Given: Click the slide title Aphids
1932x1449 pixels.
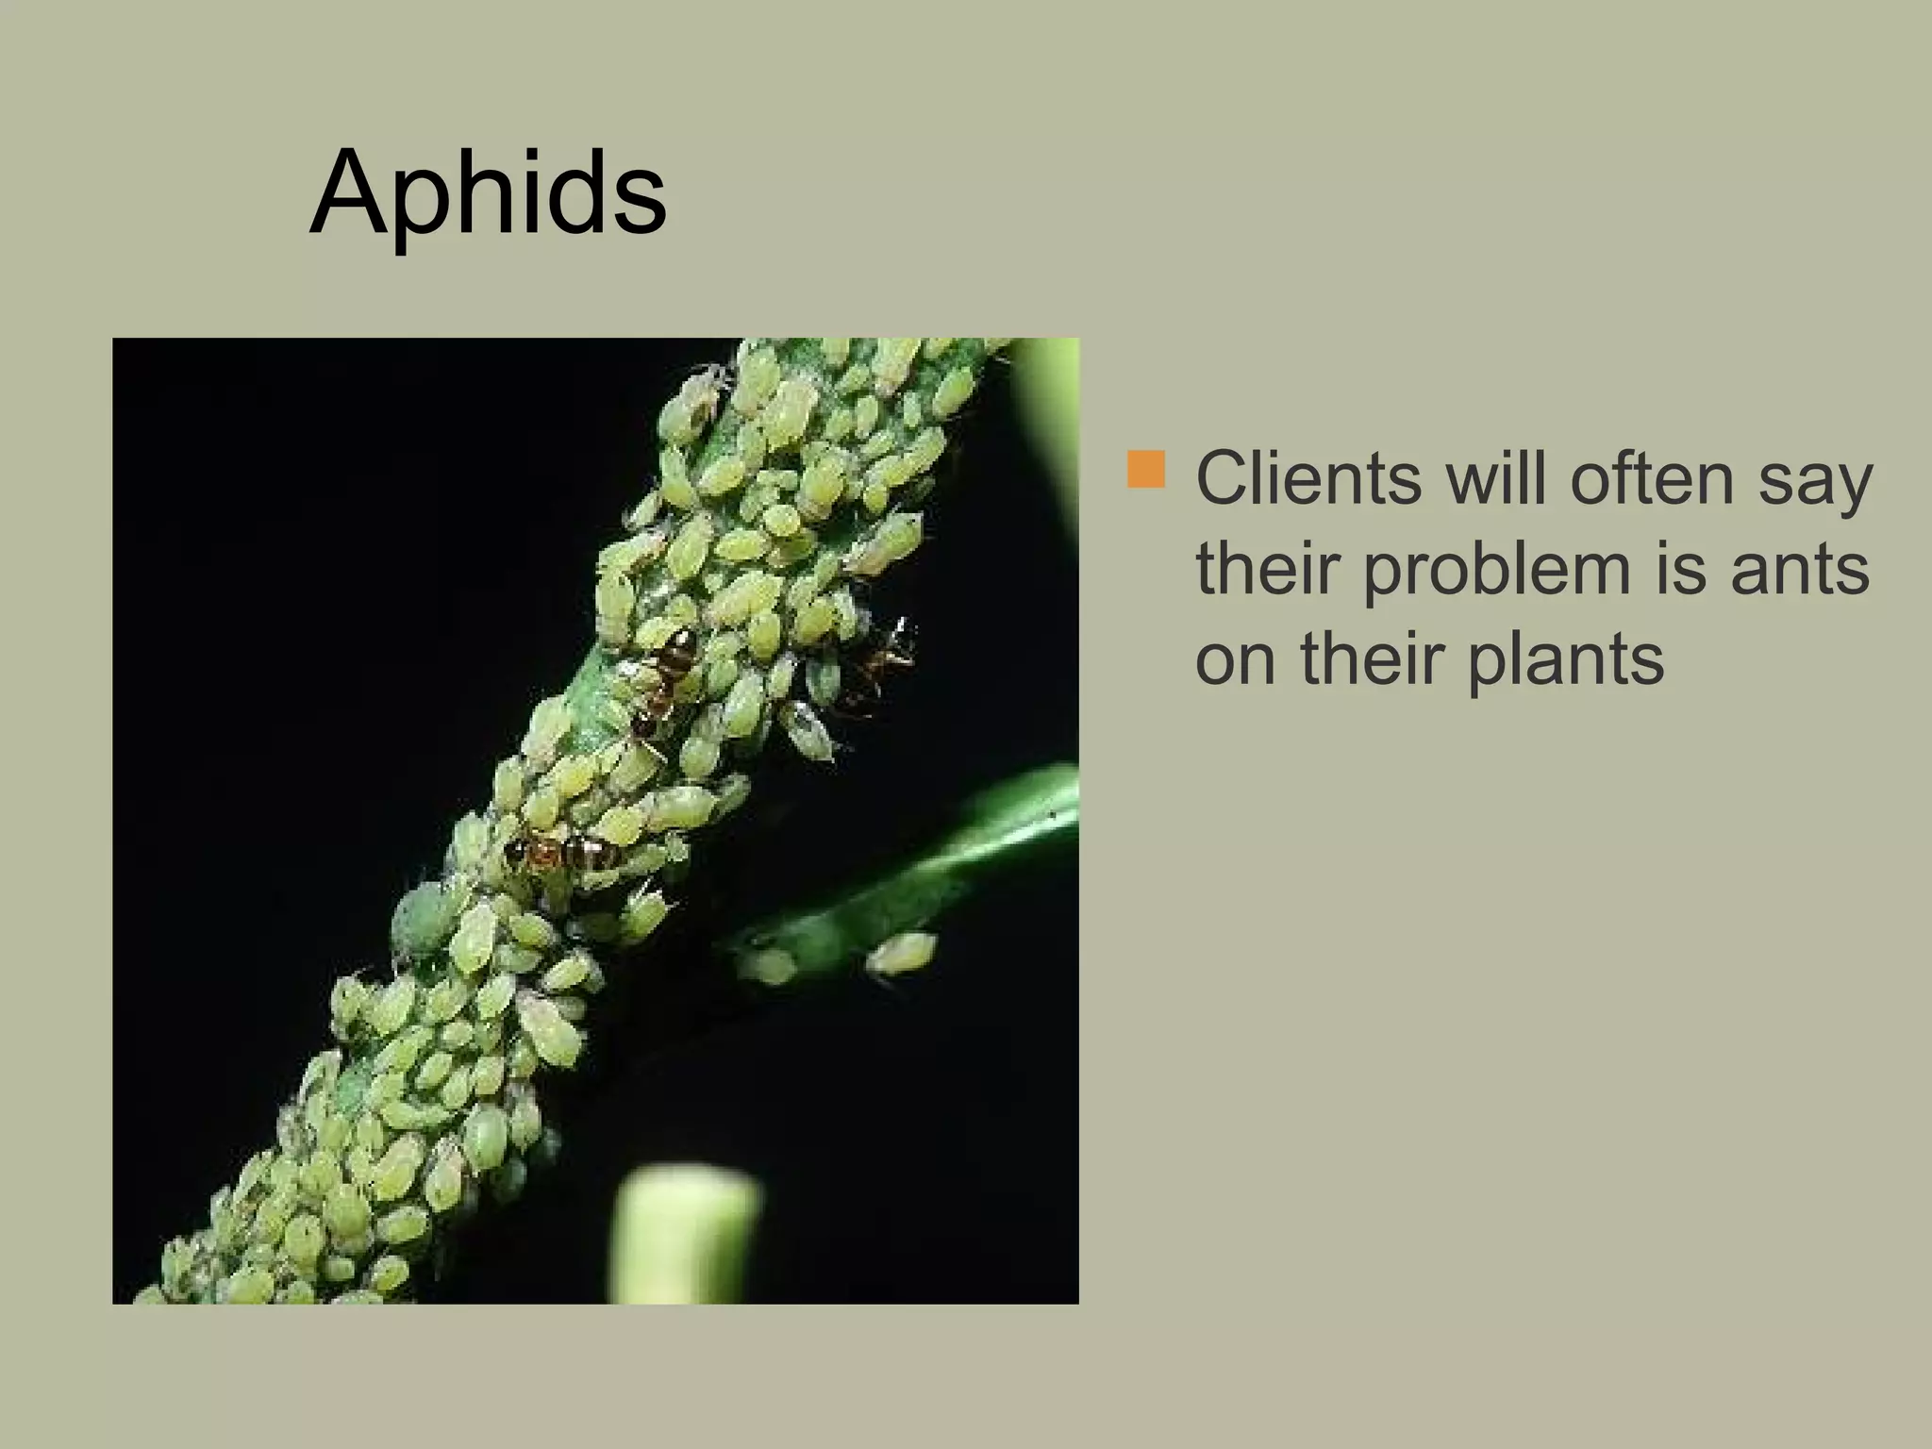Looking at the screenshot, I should pyautogui.click(x=488, y=193).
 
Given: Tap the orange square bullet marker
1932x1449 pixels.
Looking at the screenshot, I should pyautogui.click(x=1145, y=470).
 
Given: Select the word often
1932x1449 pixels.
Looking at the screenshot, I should pyautogui.click(x=1651, y=479).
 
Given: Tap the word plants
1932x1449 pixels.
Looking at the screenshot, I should pyautogui.click(x=1566, y=659).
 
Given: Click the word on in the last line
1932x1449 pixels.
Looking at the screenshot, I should pyautogui.click(x=1238, y=661).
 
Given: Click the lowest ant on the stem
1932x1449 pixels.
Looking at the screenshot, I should pyautogui.click(x=560, y=853).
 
